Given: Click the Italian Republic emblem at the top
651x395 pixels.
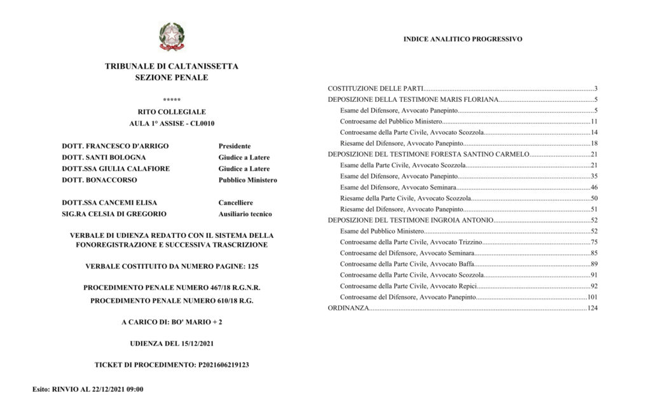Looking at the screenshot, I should click(x=171, y=36).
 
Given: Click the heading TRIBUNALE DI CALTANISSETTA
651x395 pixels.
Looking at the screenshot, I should click(x=172, y=66).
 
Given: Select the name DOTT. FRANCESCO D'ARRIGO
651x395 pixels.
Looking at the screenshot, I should click(x=115, y=146).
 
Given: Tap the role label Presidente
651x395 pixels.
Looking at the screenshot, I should click(x=235, y=146).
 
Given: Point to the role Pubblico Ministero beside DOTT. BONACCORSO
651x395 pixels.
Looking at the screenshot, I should click(x=247, y=180).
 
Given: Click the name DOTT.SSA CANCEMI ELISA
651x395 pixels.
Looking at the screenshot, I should click(x=109, y=202).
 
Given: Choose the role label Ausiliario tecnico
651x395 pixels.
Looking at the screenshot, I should click(x=245, y=214).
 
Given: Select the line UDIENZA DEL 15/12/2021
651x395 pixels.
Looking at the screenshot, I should click(x=172, y=343).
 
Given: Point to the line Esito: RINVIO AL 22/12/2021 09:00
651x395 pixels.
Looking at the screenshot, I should click(x=88, y=389).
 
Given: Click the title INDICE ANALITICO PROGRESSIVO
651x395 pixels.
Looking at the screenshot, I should click(x=463, y=39).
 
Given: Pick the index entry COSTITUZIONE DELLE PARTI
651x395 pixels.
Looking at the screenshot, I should click(x=375, y=88).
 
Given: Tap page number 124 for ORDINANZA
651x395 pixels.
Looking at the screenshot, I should click(x=593, y=308).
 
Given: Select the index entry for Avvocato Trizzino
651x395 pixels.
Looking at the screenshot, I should click(x=411, y=242).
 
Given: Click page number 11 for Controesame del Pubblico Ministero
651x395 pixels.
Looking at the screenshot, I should click(x=594, y=121).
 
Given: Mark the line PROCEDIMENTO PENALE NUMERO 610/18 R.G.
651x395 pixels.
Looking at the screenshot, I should click(x=172, y=300).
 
